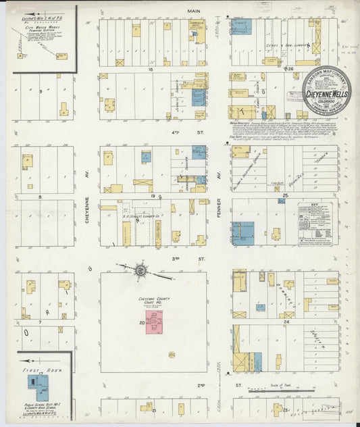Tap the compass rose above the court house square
140,270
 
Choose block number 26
290,69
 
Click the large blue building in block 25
243,233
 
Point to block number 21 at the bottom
155,411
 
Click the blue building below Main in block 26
242,27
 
